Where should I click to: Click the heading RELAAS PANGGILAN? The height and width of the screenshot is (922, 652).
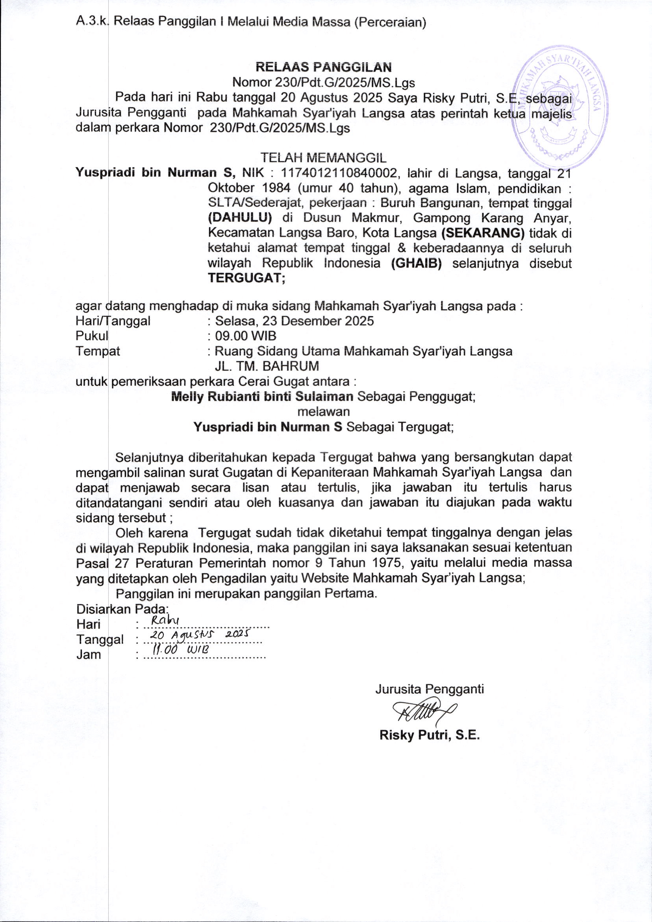324,66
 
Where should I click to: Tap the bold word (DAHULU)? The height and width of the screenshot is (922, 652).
240,218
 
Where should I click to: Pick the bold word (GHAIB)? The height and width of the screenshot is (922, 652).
416,263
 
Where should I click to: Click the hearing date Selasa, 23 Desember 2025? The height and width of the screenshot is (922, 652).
295,321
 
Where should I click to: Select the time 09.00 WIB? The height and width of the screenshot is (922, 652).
245,336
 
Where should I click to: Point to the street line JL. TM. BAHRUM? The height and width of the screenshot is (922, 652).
267,366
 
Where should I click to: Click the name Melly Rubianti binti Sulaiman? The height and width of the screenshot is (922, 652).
262,397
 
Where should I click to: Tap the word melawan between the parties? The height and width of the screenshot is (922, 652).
323,412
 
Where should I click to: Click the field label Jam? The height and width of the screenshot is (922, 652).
88,655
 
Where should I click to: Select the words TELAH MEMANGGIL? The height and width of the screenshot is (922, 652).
323,157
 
